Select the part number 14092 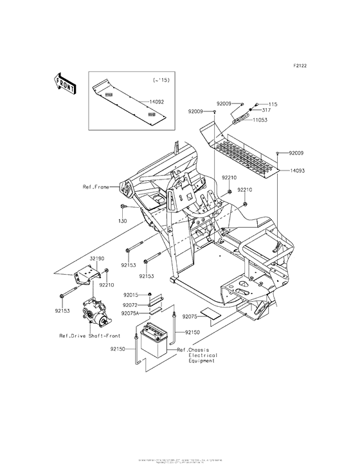[157, 102]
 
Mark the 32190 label [97, 257]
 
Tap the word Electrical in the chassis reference [203, 355]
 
